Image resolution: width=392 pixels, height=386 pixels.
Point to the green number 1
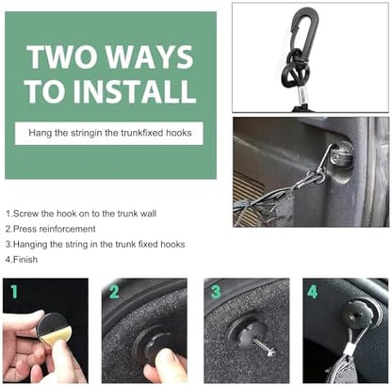pos(14,292)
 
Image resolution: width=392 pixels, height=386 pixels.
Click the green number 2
pos(114,292)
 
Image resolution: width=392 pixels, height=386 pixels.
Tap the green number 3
pos(216,292)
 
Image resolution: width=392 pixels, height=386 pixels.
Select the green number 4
pos(313,292)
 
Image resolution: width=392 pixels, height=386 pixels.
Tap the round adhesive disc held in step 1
pos(54,329)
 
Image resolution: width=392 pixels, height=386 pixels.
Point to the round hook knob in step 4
pos(355,314)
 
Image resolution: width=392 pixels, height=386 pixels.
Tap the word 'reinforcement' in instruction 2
pos(67,229)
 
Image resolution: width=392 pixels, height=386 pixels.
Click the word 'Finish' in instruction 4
pos(25,260)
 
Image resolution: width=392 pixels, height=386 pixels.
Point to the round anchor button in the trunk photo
pos(341,156)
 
